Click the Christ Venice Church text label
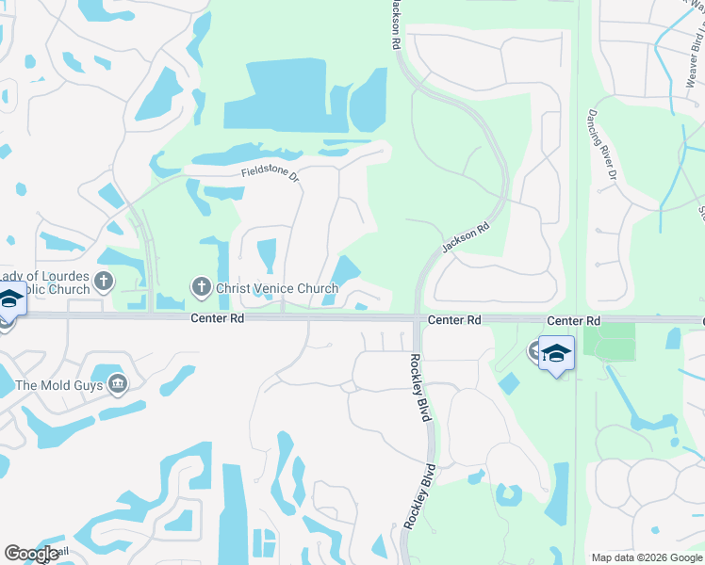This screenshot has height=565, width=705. [x=276, y=288]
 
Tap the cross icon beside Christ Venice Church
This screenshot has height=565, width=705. [x=200, y=286]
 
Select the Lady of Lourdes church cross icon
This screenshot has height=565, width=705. [x=104, y=281]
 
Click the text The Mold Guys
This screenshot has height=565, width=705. [x=58, y=384]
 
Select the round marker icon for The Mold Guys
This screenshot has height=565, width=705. [x=118, y=382]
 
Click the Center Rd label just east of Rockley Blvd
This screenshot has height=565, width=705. [x=454, y=320]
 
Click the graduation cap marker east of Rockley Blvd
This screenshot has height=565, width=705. [x=556, y=353]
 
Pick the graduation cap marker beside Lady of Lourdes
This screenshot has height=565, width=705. [x=10, y=299]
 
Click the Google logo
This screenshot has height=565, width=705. [x=32, y=554]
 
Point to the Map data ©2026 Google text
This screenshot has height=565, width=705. [x=646, y=557]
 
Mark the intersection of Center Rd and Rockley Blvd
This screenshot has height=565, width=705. [x=418, y=319]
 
